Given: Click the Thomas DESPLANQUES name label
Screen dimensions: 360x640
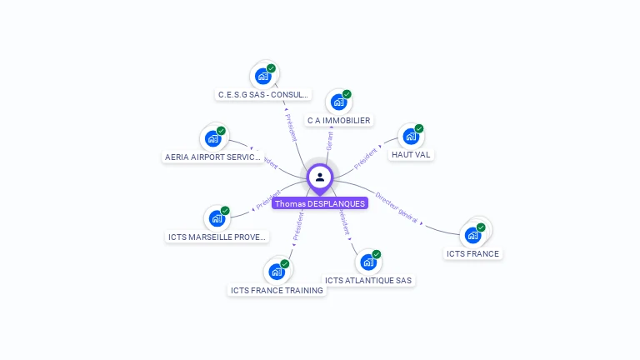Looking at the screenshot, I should [320, 203].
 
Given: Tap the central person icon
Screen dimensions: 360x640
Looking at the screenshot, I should [320, 177].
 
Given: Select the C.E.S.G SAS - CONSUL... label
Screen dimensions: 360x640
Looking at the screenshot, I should [263, 95].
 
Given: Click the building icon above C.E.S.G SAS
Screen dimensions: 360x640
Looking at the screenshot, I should [263, 77].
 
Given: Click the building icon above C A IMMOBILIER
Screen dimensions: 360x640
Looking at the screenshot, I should [338, 102].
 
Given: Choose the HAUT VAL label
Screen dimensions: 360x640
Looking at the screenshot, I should [411, 155].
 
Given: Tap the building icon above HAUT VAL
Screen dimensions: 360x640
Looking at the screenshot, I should [410, 137].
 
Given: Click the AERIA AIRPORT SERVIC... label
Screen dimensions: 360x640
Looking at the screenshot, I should [212, 157].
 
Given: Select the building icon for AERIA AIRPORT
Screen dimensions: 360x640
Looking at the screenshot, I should [213, 138].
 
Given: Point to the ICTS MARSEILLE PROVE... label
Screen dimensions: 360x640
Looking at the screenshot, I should [217, 237].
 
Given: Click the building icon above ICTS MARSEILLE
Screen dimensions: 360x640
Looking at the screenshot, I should [217, 219].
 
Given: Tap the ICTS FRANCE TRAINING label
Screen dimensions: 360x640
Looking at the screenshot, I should [277, 290].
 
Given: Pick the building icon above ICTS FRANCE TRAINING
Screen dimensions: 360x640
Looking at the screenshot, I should [277, 272].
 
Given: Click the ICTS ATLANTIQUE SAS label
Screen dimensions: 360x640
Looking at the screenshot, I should [368, 281].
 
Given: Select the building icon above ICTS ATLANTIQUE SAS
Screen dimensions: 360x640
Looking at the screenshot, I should [368, 262].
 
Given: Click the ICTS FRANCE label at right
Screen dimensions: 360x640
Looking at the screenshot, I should [472, 254].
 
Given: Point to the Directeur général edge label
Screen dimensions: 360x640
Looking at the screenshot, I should [396, 207].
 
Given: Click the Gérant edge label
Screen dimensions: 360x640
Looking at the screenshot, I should [330, 140].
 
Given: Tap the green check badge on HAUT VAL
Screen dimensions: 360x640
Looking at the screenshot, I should [419, 129].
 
